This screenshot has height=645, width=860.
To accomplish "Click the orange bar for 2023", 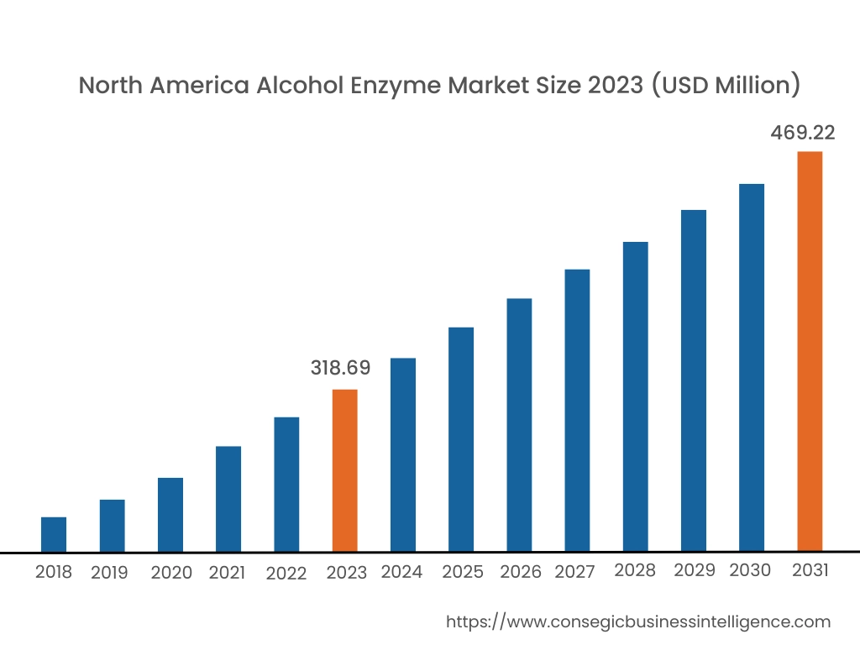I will pos(344,470).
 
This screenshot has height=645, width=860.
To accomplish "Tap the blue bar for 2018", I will pos(54,534).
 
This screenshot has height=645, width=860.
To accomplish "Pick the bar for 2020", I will pos(170,515).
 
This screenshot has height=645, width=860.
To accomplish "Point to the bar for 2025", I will pos(461,439).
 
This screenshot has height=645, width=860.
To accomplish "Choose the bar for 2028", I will pos(636,396).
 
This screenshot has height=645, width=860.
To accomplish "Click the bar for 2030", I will pos(752,368).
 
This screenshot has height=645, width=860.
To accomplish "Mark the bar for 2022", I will pos(286,485).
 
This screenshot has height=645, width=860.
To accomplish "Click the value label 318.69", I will pos(340,368).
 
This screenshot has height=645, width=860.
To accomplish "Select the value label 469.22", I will pos(803,133).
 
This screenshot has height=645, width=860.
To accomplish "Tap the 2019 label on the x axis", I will pos(109,573).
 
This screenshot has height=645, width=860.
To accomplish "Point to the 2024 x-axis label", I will pos(401,572).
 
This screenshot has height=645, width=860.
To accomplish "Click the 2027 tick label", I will pos(574,572).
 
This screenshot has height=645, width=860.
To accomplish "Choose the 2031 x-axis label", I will pos(810,570).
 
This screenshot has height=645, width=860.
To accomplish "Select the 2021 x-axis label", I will pos(227,573).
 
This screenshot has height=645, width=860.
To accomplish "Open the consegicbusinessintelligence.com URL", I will pos(637,622).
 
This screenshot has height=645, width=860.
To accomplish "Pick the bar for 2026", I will pos(519,425).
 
